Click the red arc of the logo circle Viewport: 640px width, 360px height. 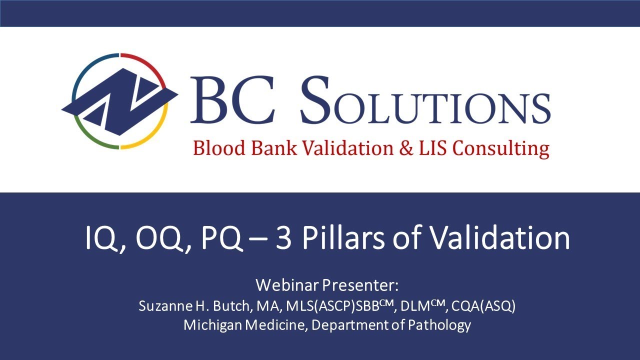pos(150,67)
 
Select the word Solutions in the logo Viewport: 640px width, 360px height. pos(425,102)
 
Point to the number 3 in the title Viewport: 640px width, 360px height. pos(284,238)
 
